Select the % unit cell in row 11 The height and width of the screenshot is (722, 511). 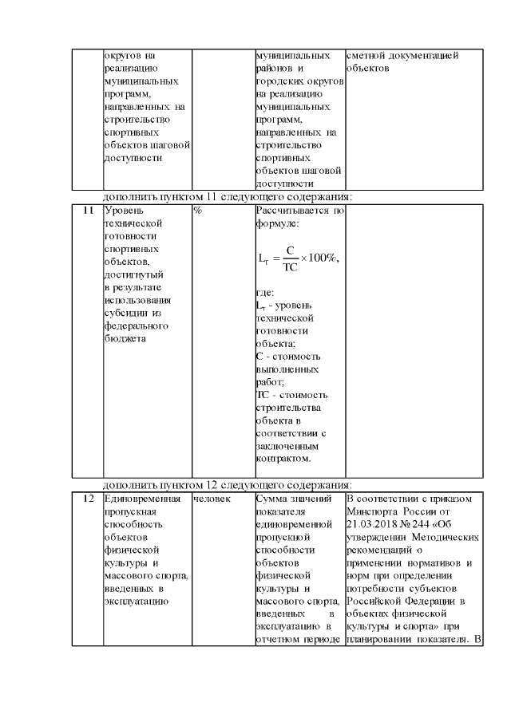(196, 211)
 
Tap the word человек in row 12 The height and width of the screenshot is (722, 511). (212, 499)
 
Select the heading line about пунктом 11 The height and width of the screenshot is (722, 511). (228, 197)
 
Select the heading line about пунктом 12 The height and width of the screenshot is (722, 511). (228, 485)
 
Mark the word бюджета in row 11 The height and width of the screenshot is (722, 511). (124, 338)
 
